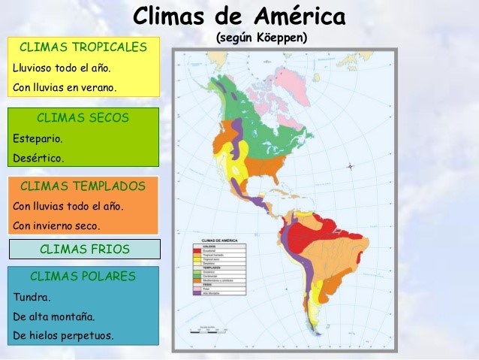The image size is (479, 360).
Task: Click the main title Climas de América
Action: pos(239,16)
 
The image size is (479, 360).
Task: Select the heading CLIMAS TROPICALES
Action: pos(83,47)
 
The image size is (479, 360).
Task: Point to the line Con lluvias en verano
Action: pos(65,87)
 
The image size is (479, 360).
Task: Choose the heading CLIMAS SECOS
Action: pos(83,118)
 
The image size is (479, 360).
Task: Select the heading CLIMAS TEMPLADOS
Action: pos(83,186)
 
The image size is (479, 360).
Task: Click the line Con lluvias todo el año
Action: pos(68,205)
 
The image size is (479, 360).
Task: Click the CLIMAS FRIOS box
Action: pos(84,249)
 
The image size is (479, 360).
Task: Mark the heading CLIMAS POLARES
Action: pos(83,276)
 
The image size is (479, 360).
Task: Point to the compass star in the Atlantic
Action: pos(350,166)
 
